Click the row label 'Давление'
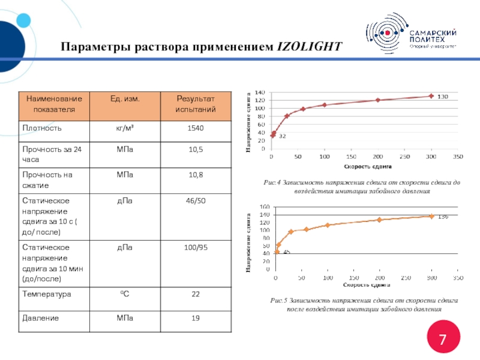point(40,318)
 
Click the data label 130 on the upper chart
point(442,97)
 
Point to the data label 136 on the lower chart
point(443,216)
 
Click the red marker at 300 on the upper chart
point(430,96)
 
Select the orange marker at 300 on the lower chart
point(431,216)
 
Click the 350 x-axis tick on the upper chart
point(457,157)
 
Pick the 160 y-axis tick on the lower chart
point(265,206)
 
